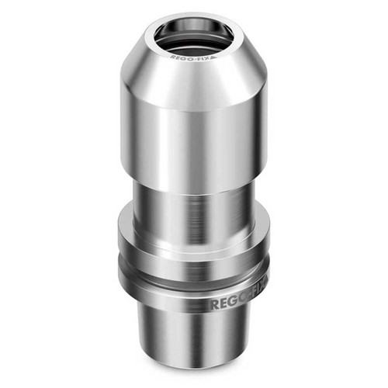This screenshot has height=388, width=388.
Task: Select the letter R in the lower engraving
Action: click(x=215, y=305)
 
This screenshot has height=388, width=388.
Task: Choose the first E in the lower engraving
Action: click(x=223, y=304)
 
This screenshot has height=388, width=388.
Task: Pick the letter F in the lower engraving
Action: click(x=252, y=298)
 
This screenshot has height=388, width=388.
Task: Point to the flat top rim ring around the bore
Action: click(x=155, y=43)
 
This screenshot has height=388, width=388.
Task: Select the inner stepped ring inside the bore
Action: click(x=194, y=42)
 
